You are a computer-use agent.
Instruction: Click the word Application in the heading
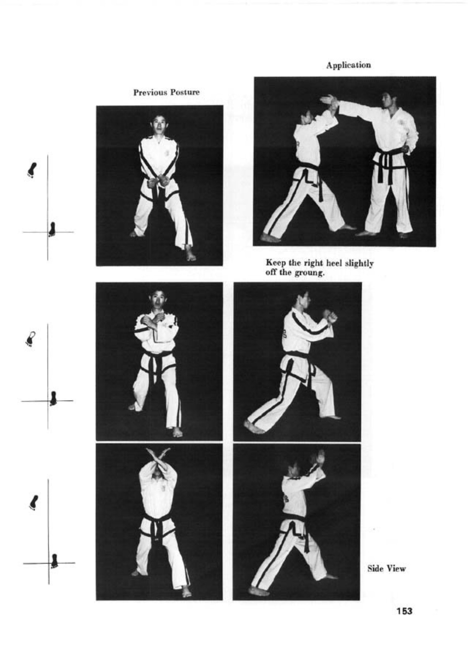(x=348, y=65)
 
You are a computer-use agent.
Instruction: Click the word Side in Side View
(x=375, y=569)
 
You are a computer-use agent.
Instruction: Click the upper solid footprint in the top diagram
(x=32, y=170)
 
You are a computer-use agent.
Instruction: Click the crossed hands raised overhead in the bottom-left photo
(x=158, y=457)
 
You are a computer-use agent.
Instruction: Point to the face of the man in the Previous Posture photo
(x=159, y=123)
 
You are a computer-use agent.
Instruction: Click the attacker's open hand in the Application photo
(x=328, y=100)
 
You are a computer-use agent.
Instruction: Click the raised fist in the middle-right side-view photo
(x=330, y=316)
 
